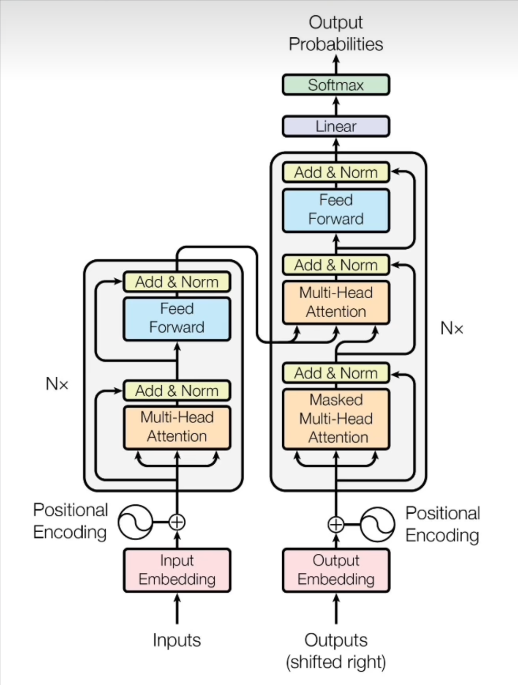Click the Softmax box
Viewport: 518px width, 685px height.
(x=336, y=85)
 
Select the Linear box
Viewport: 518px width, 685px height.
(x=336, y=126)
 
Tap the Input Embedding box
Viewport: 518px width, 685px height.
(x=177, y=570)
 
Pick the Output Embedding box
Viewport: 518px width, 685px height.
(x=336, y=570)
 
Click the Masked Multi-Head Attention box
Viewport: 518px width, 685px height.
(x=336, y=419)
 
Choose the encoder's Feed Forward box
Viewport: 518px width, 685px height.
(x=177, y=318)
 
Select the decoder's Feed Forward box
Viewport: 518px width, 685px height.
(x=336, y=210)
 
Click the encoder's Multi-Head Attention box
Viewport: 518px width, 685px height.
(x=177, y=427)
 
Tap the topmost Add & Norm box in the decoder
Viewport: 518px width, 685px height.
(x=336, y=172)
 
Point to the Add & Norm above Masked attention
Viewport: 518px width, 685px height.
(x=336, y=373)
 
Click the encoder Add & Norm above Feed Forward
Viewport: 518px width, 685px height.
(x=177, y=282)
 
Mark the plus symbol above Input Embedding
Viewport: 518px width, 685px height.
(x=177, y=522)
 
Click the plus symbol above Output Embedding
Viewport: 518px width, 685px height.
(x=336, y=524)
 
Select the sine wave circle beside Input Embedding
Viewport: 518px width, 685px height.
(x=135, y=522)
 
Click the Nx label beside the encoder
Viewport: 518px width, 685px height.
(x=57, y=384)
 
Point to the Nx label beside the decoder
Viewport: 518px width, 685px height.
(x=452, y=328)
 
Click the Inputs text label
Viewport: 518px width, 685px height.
(x=177, y=640)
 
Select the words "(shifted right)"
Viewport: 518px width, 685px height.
(x=336, y=662)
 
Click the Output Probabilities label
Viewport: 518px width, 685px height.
(x=336, y=33)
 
